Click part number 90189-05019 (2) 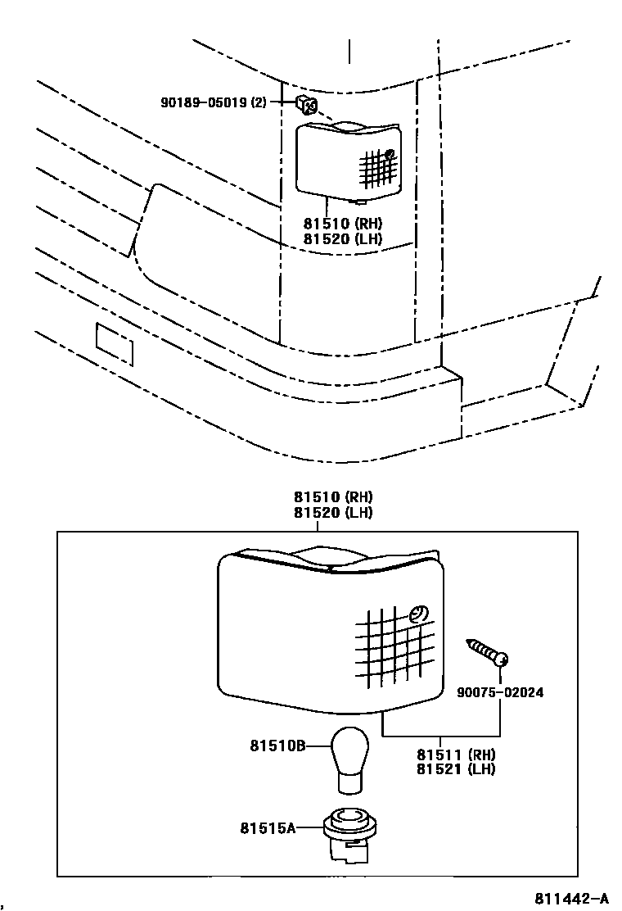tap(214, 102)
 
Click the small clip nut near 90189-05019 tap(306, 103)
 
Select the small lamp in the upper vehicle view tap(349, 159)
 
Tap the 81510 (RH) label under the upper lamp tap(343, 224)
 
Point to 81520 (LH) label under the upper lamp tap(343, 239)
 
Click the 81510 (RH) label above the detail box tap(333, 497)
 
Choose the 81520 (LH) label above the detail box tap(333, 513)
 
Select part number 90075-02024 tap(500, 692)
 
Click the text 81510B tap(277, 746)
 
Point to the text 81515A tap(267, 828)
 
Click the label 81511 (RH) tap(456, 754)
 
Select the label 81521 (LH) tap(456, 769)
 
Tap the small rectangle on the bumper tap(115, 343)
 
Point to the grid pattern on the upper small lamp tap(376, 168)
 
